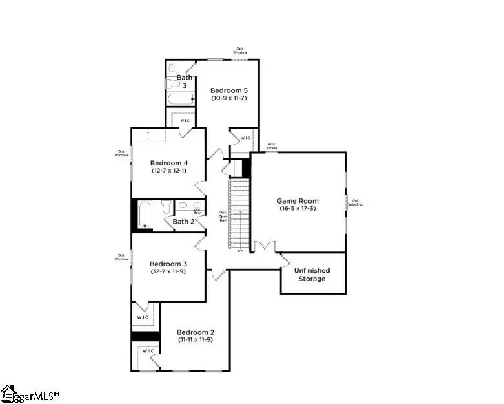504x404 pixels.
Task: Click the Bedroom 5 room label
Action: tap(229, 90)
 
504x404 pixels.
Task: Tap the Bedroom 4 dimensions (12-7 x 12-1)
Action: tap(168, 171)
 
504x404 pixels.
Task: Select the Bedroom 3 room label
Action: tap(168, 264)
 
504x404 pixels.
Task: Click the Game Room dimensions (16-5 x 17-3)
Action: tap(298, 209)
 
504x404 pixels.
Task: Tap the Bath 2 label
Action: tap(184, 222)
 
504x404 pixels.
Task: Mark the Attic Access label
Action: tap(273, 147)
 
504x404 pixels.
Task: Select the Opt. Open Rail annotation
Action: tap(223, 216)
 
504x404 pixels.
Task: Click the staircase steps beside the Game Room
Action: tap(239, 213)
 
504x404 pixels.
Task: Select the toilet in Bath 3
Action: tap(172, 68)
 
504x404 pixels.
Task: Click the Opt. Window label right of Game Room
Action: tap(356, 202)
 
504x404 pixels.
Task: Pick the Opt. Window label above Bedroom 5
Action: tap(240, 50)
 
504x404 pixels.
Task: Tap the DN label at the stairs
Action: tap(239, 251)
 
